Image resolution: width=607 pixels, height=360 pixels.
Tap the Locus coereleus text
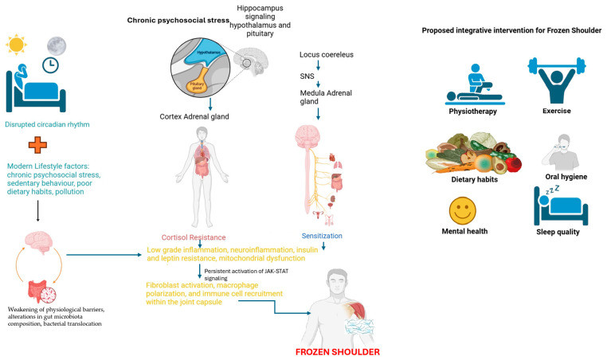pyautogui.click(x=327, y=55)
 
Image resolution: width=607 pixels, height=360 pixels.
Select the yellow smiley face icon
pyautogui.click(x=464, y=210)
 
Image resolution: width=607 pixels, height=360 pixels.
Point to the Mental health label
pyautogui.click(x=464, y=233)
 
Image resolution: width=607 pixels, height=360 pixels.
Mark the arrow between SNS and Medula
pyautogui.click(x=318, y=84)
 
